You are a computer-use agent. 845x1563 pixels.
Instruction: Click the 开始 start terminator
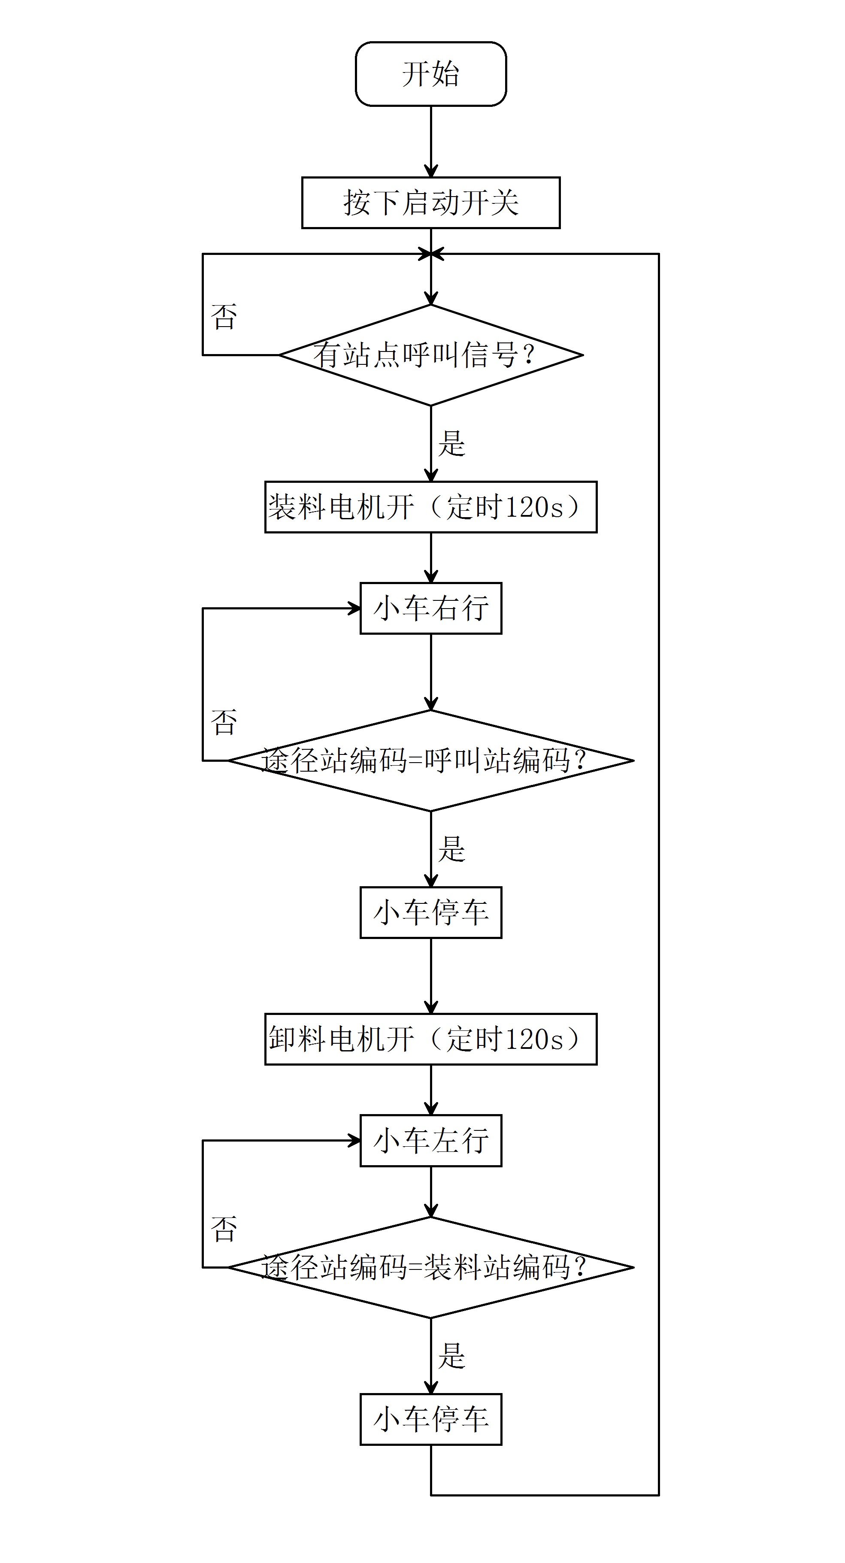tap(431, 74)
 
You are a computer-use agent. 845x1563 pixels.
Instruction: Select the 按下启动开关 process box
tap(431, 203)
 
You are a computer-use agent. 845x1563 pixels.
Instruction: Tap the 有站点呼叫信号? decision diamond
tap(431, 355)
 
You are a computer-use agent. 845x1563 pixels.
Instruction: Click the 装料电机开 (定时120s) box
tap(431, 507)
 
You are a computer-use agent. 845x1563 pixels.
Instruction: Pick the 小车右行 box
tap(431, 609)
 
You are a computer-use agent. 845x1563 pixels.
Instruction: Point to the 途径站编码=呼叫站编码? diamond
tap(431, 760)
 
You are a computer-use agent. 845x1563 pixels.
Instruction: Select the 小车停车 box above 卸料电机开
tap(431, 912)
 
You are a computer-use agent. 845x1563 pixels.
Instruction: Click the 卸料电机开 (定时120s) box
tap(431, 1039)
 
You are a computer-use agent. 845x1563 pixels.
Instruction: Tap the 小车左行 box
tap(431, 1141)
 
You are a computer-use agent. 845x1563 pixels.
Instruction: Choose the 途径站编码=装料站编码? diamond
tap(431, 1267)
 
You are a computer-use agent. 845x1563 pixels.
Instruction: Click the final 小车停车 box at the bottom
tap(431, 1419)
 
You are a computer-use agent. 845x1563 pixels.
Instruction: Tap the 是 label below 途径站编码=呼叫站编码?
tap(451, 849)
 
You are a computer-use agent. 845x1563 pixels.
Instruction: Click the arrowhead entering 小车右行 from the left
tap(354, 609)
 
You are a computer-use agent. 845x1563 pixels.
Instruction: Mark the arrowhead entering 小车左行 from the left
tap(354, 1141)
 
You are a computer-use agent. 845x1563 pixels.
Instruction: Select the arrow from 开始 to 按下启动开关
tap(431, 141)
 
